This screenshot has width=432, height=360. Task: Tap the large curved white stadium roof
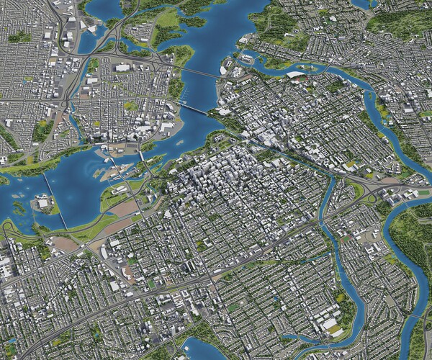(295, 73)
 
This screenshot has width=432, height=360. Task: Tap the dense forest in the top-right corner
(403, 22)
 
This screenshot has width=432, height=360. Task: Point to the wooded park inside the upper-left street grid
(42, 130)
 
